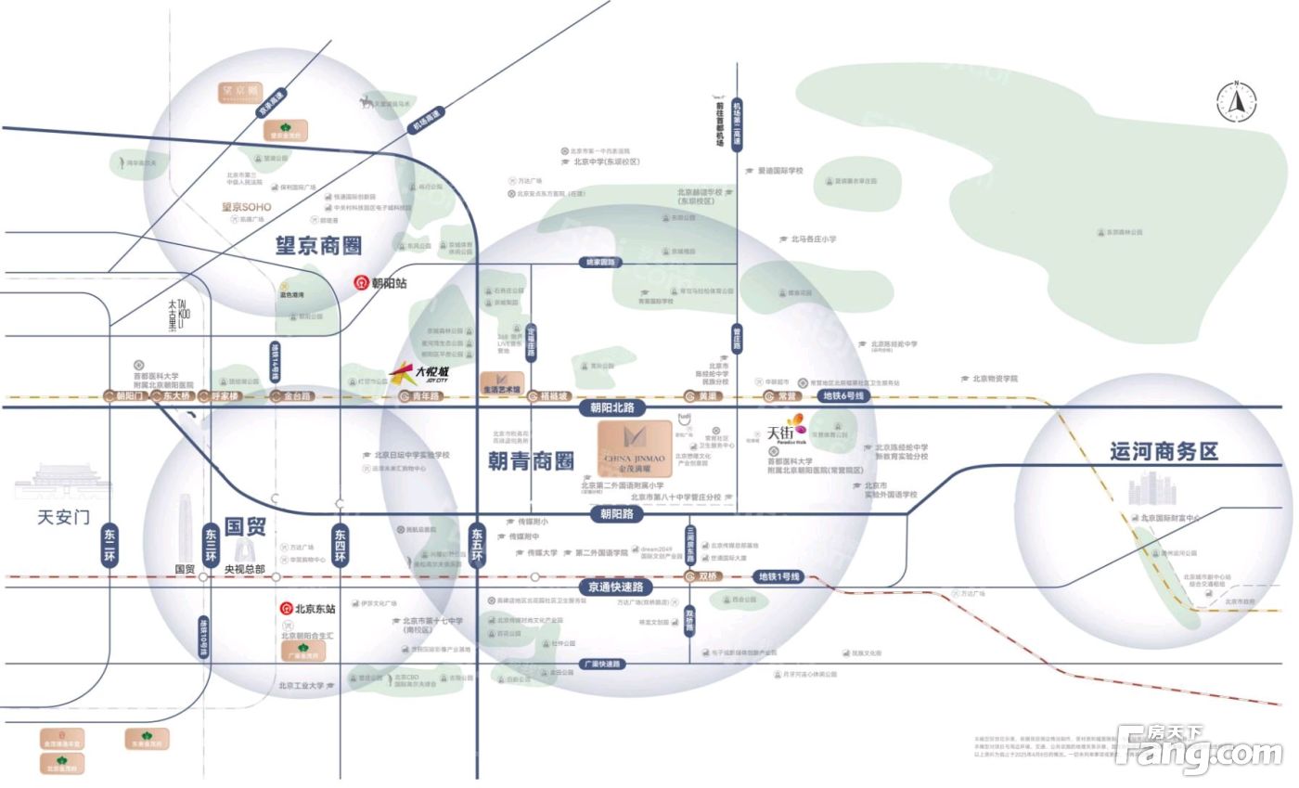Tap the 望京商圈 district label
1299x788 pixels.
point(317,246)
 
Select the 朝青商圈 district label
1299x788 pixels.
point(531,459)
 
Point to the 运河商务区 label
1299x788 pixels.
point(1164,452)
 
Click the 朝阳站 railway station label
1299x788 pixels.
point(381,282)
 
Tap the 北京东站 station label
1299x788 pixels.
point(308,609)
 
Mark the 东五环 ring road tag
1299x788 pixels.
point(477,547)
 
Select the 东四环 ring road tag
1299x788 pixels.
point(341,547)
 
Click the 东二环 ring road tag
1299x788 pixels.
point(110,547)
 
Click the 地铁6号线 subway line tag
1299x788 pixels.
point(843,396)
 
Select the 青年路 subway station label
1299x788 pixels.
point(422,396)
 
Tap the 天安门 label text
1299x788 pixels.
point(63,516)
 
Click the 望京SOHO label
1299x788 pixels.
point(246,207)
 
